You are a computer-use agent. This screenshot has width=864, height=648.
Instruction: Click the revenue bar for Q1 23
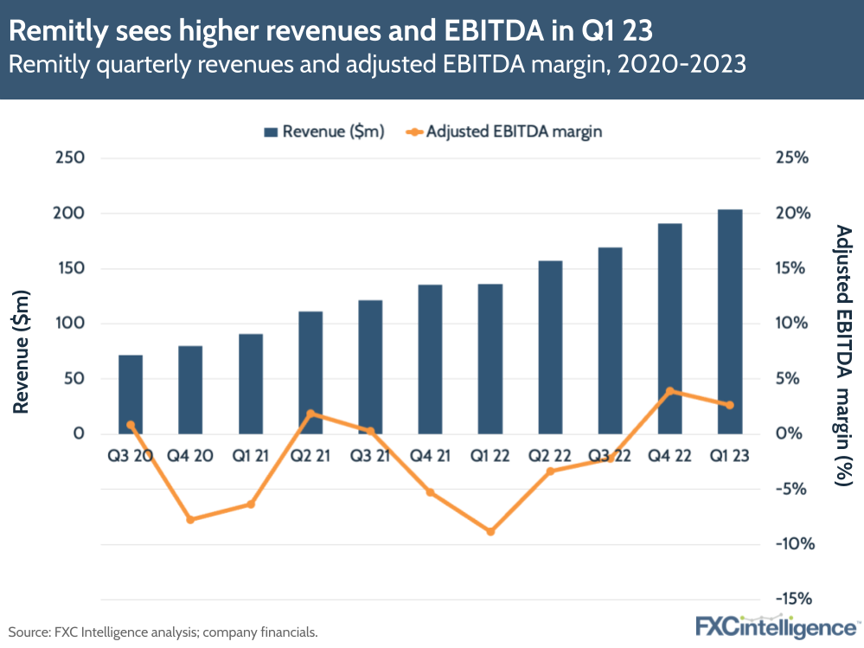pos(730,321)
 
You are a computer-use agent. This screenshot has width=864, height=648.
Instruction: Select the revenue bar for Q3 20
pos(131,394)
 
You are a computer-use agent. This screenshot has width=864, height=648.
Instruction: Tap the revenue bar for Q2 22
pos(550,346)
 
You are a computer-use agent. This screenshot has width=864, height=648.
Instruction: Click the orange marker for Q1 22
pos(490,531)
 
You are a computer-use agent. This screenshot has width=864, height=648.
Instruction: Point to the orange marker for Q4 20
pos(190,519)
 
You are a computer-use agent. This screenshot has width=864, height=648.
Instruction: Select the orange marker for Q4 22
pos(670,391)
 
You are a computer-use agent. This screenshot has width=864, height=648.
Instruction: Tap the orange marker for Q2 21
pos(310,414)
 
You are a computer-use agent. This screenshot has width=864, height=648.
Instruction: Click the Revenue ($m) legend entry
pos(323,132)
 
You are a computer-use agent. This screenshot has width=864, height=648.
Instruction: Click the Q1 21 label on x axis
pos(251,456)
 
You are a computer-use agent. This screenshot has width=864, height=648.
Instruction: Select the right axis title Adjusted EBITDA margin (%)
pos(843,355)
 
